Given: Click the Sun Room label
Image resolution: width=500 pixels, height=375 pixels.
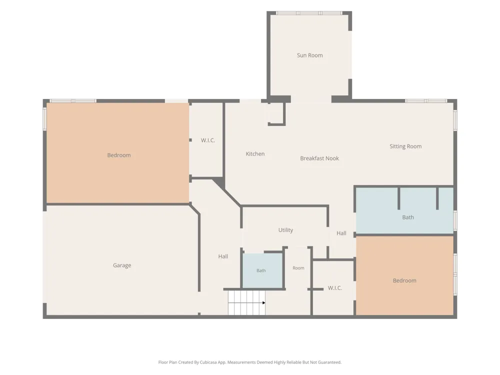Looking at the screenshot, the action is tap(309, 55).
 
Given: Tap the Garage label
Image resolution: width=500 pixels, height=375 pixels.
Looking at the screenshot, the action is tap(122, 265).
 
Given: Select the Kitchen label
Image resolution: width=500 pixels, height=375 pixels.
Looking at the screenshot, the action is tap(255, 153).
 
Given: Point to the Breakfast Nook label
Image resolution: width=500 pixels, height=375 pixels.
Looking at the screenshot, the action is tap(319, 158).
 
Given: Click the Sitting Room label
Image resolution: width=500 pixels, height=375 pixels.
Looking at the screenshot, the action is tap(405, 146).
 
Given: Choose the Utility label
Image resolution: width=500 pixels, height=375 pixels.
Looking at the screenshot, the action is tap(285, 230).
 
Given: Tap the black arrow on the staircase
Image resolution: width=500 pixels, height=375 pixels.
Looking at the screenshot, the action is tap(263, 302).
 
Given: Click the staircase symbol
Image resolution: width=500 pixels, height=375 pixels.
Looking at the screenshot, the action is tap(246, 302).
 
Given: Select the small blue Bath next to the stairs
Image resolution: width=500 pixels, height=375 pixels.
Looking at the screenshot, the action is tap(263, 270).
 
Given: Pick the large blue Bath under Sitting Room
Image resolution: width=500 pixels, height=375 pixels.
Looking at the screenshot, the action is tap(404, 210).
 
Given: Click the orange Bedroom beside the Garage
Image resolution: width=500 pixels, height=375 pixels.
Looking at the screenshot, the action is tap(118, 152).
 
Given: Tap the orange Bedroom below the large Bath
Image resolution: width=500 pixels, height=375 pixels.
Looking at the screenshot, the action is tap(404, 275).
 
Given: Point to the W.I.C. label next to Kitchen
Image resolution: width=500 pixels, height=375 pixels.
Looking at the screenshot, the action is tap(208, 140).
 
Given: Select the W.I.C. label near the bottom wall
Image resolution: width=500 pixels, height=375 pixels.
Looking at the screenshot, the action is tap(335, 288).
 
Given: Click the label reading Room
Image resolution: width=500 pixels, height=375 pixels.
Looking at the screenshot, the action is tap(298, 268).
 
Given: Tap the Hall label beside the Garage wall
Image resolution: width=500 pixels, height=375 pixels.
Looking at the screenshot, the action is tap(223, 256).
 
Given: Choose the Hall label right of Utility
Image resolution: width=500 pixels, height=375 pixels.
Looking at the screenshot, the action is tap(341, 233).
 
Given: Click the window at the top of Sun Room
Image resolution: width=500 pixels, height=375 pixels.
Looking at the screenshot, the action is tap(309, 13).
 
